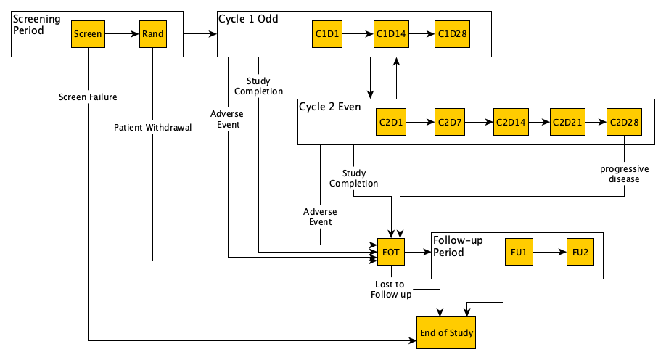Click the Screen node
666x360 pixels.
point(88,33)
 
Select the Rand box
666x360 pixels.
point(153,33)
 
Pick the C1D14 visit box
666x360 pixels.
point(390,33)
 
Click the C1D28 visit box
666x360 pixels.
point(452,33)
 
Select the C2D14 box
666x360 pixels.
point(510,122)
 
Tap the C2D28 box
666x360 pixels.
point(624,122)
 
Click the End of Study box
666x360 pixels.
point(446,333)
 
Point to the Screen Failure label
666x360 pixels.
point(89,97)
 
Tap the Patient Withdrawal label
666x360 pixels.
point(153,128)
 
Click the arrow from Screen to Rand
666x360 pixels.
point(122,33)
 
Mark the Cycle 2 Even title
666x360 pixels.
point(330,107)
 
